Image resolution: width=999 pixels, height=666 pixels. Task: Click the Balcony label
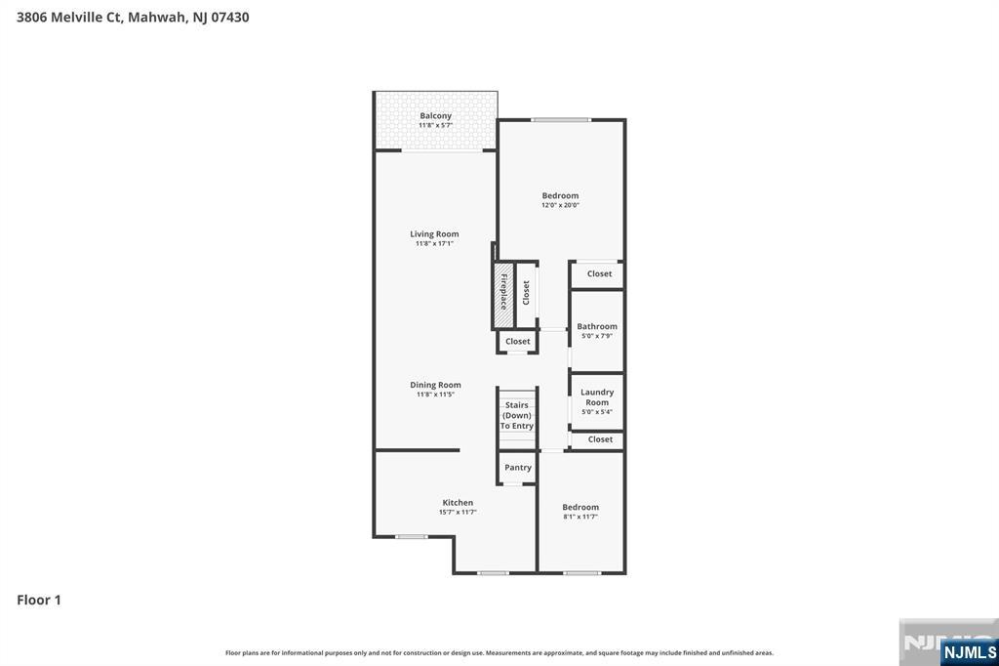(x=435, y=116)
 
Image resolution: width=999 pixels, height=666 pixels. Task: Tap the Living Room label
(x=434, y=234)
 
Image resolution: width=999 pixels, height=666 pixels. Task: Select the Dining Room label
(x=435, y=385)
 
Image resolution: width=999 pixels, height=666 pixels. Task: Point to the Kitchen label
(x=458, y=503)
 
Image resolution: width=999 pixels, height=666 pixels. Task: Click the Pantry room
(x=518, y=468)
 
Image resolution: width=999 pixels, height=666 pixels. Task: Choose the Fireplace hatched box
(x=503, y=293)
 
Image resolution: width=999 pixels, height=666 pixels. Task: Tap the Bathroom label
(x=597, y=326)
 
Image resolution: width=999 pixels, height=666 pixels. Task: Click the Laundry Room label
(x=597, y=397)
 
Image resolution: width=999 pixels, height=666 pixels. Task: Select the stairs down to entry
(x=517, y=416)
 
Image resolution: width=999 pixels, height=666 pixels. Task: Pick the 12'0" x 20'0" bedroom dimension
(x=561, y=205)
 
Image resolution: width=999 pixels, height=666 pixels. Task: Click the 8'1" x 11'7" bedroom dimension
(x=580, y=517)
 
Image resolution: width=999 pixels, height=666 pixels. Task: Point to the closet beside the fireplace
(x=526, y=293)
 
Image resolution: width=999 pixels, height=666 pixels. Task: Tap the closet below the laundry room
(x=600, y=439)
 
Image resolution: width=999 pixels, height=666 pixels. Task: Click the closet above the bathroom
(x=599, y=274)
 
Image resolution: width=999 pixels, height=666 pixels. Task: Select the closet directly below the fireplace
(x=518, y=342)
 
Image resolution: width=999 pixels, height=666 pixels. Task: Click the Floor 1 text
(x=39, y=600)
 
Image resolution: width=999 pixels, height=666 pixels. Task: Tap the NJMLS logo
(x=969, y=651)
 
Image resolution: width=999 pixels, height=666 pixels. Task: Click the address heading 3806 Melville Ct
(x=133, y=17)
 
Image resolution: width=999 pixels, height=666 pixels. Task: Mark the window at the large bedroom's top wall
(x=561, y=120)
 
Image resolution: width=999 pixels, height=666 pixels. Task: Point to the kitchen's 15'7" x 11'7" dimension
(x=458, y=512)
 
